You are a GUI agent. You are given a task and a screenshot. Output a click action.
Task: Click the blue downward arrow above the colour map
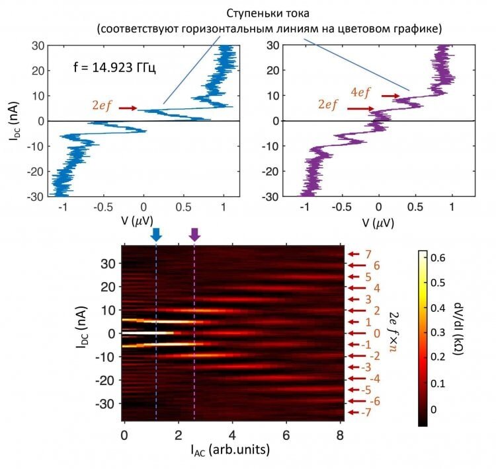point(156,234)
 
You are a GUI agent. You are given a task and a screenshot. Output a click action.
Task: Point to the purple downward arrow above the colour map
point(194,234)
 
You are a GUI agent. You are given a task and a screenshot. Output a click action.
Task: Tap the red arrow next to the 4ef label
point(392,96)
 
